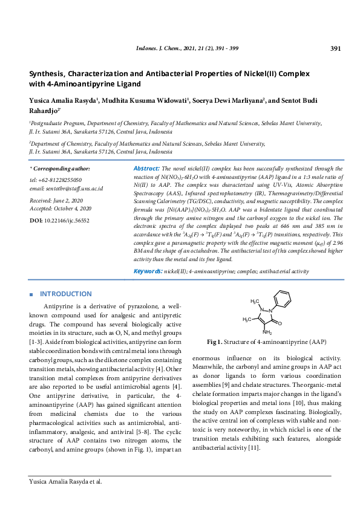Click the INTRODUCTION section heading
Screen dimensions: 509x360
[65, 294]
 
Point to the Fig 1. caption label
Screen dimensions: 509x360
[215, 342]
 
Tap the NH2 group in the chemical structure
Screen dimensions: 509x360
[267, 332]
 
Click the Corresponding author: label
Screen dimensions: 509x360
[61, 169]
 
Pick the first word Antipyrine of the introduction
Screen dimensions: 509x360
[59, 307]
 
